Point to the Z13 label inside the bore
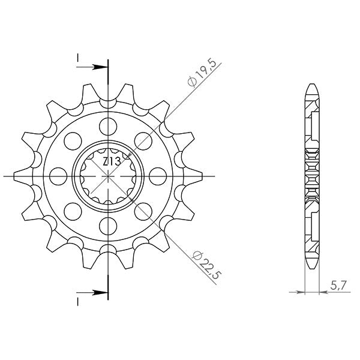coord(111,161)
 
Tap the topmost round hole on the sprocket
coord(108,125)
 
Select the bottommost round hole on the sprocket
coord(108,226)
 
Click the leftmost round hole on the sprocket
coord(58,176)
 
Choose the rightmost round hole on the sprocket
coord(158,176)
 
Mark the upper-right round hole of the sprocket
coord(143,140)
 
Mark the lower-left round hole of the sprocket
coord(73,211)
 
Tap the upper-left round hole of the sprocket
coord(73,140)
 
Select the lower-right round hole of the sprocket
coord(143,211)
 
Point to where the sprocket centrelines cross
coord(108,176)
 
